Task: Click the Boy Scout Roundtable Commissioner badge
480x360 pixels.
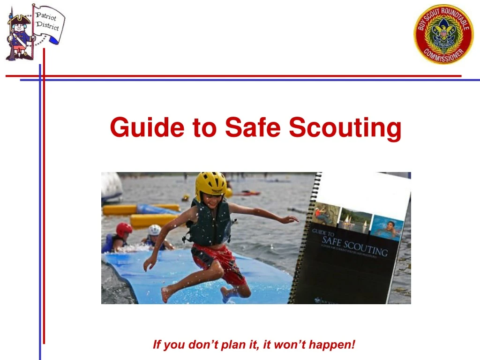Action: pos(443,34)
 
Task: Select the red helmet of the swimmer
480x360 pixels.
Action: pos(124,229)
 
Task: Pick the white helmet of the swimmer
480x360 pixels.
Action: pos(155,230)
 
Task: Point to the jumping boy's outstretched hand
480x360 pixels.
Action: pos(289,219)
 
